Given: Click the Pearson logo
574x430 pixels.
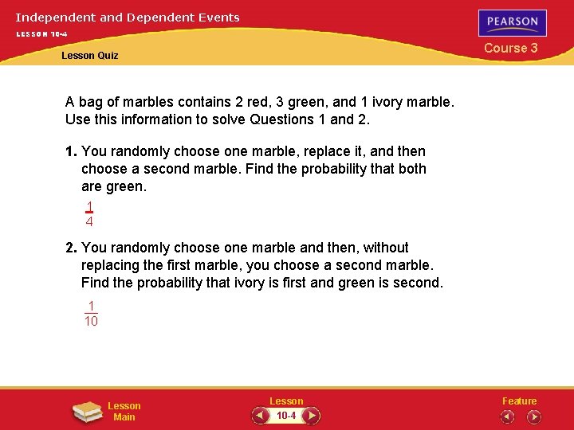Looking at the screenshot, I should [513, 22].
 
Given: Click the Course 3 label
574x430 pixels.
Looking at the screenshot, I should [511, 49].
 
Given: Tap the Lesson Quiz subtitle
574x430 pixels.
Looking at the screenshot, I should [89, 56].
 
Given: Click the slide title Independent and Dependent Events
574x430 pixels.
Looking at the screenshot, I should [128, 17].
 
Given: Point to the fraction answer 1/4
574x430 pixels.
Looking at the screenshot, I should [89, 214].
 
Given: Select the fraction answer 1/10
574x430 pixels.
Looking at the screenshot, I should [92, 313].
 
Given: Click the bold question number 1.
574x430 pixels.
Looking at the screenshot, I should [71, 151].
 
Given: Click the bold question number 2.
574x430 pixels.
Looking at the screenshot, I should [71, 248].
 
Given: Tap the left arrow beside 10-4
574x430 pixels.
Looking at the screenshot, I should [261, 416].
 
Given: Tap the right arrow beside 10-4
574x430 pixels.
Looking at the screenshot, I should [312, 416].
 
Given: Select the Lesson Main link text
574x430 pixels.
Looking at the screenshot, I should [124, 412].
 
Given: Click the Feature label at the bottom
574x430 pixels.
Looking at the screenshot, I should [519, 401].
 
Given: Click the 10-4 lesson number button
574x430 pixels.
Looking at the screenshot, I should [285, 416].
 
